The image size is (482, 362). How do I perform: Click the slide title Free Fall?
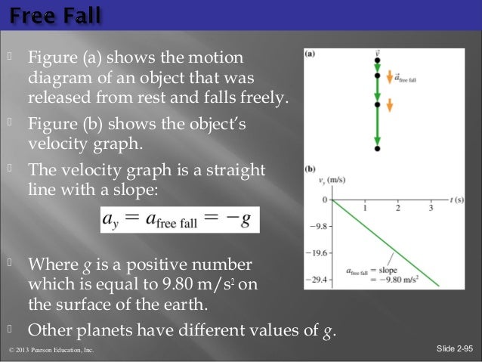pyautogui.click(x=54, y=14)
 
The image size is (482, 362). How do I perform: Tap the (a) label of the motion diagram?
pyautogui.click(x=311, y=54)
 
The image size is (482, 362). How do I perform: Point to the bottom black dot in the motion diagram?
pyautogui.click(x=377, y=150)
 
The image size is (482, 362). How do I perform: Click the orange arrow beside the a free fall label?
pyautogui.click(x=390, y=77)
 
